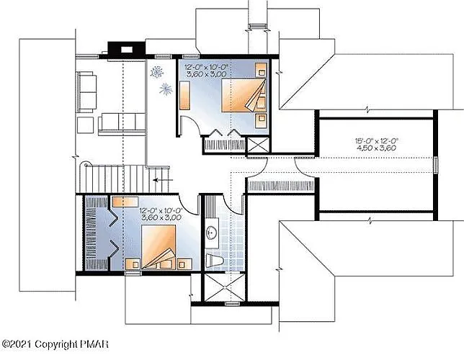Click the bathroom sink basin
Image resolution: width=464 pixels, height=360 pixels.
tap(212, 233)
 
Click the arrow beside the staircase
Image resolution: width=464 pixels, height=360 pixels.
tap(164, 181)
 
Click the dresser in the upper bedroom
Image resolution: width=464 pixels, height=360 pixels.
tap(184, 95)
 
